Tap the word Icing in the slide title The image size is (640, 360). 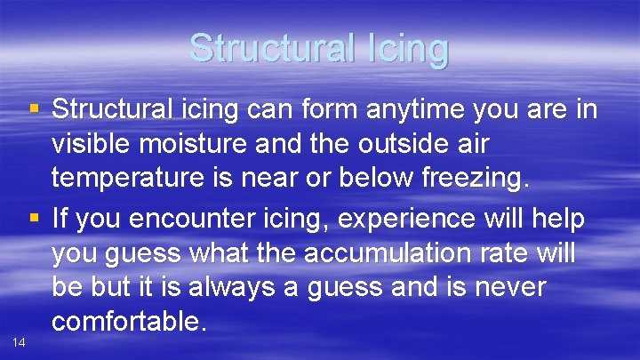pyautogui.click(x=408, y=48)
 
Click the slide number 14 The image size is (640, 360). pyautogui.click(x=19, y=341)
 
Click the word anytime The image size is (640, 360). pyautogui.click(x=396, y=111)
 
